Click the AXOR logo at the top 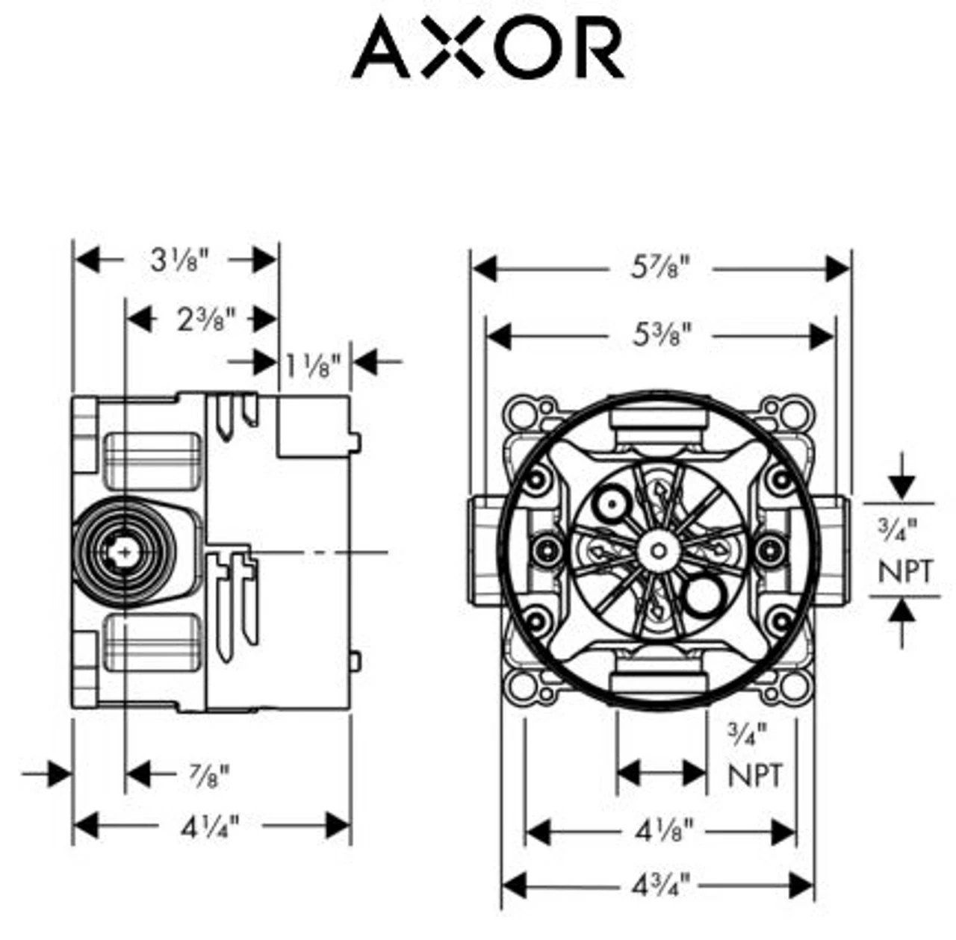tap(488, 49)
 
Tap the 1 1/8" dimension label tap(313, 364)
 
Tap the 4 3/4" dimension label tap(661, 886)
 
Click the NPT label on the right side tap(904, 572)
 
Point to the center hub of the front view tap(658, 551)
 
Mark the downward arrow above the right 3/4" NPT tap(903, 486)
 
